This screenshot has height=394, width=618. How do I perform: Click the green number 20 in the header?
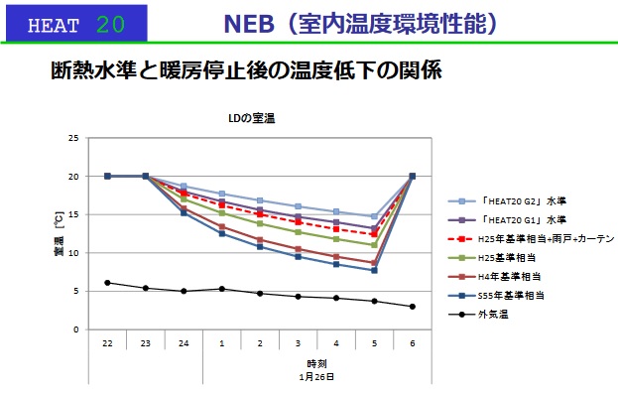110,25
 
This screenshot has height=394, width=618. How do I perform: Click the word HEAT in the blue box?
54,26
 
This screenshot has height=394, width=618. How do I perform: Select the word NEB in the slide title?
249,24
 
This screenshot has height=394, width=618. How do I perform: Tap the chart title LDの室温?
251,118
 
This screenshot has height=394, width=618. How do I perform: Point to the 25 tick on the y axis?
73,138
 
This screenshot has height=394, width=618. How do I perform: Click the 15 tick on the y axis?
73,214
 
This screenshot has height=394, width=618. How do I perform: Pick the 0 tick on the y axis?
76,329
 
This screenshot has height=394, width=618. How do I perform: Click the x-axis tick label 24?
184,343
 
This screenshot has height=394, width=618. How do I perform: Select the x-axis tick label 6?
413,343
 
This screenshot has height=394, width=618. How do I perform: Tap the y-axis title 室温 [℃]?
59,234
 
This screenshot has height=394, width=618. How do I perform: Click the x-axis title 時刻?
316,363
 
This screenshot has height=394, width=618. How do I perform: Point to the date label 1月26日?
316,377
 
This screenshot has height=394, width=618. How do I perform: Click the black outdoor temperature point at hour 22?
107,283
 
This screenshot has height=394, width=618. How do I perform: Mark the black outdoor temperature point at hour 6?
413,307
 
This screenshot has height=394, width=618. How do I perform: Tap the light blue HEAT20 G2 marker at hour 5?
374,216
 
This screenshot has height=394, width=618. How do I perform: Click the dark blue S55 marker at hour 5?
374,270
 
